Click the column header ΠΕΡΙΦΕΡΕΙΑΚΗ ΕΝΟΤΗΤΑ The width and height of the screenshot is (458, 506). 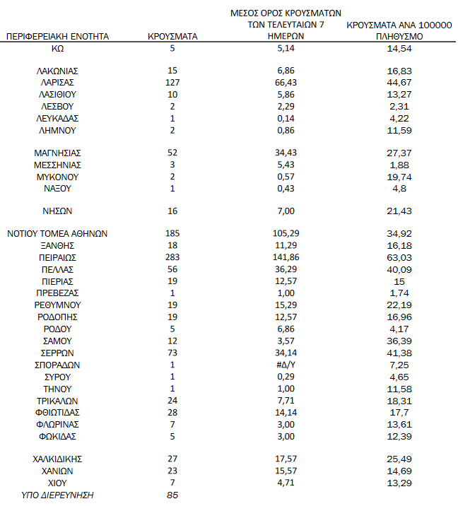[57, 36]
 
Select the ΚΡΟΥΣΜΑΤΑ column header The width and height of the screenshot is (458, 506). [172, 36]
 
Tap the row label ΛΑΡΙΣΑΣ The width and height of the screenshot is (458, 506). [57, 82]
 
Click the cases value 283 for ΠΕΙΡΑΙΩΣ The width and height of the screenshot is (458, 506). [172, 257]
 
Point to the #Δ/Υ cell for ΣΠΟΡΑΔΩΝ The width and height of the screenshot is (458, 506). [286, 365]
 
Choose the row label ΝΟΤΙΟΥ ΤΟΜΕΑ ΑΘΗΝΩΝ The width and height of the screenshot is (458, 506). [57, 233]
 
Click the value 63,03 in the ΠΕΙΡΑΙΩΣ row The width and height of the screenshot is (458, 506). [400, 257]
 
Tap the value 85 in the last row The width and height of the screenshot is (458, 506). [172, 495]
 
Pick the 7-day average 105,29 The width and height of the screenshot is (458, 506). [286, 233]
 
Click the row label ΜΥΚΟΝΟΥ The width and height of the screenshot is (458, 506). [57, 177]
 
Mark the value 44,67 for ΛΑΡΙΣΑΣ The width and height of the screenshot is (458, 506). [400, 82]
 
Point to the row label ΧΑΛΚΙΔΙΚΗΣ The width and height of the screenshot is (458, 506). [57, 459]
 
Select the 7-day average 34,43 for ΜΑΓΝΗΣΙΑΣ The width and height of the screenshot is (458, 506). [286, 153]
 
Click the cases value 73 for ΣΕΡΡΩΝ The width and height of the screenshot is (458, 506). [172, 353]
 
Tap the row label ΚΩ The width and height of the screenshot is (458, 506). [57, 48]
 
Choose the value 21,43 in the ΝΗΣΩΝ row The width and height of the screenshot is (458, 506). [400, 211]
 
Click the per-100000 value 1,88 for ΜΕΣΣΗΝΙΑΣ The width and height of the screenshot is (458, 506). [400, 165]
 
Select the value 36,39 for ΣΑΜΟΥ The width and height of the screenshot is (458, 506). [400, 341]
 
